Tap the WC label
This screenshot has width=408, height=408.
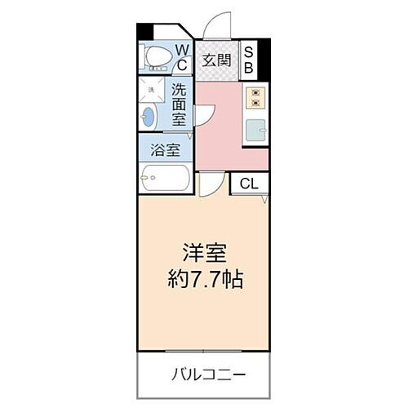182,57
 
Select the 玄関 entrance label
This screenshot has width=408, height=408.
215,60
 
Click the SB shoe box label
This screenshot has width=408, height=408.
250,60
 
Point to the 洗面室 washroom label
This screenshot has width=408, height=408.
180,104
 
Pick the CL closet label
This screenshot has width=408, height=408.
248,184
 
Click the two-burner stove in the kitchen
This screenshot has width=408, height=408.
255,97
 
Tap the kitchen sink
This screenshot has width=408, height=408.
255,128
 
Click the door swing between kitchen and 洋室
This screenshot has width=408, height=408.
208,185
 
